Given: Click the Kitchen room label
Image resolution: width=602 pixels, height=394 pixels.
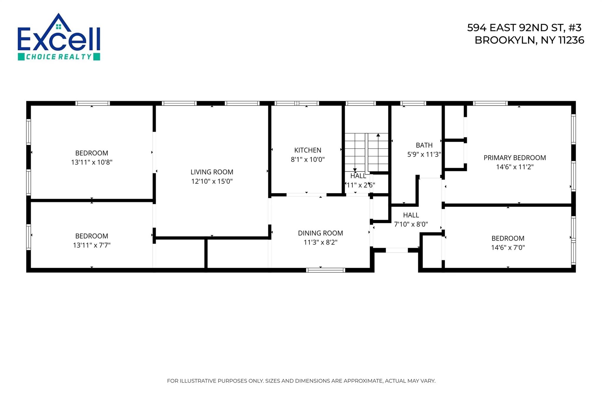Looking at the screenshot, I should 307,150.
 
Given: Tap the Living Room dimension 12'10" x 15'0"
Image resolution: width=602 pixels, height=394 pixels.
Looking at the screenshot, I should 212,181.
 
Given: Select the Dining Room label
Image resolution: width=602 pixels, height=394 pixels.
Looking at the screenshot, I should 320,233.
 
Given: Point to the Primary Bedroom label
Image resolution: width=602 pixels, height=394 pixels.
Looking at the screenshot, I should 515,158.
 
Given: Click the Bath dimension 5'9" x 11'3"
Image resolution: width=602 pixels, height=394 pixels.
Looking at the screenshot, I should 424,154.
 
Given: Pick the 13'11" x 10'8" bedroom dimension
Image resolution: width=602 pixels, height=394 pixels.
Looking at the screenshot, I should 92,162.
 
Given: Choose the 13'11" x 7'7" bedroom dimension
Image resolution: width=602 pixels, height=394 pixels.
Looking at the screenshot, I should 92,245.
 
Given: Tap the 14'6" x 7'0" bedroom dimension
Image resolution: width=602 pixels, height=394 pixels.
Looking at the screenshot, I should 508,247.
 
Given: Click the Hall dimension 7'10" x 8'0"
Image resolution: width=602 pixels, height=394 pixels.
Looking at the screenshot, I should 411,224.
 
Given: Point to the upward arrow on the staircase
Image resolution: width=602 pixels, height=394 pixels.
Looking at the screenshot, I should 378,136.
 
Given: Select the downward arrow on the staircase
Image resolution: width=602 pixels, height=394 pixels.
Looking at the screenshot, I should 355,169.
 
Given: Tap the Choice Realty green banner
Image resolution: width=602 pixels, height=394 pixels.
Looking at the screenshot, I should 59,56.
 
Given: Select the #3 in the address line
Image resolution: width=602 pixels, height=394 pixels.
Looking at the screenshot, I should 574,28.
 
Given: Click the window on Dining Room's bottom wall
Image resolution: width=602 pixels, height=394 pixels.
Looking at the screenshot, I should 325,270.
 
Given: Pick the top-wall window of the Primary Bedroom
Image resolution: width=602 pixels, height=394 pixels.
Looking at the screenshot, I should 490,103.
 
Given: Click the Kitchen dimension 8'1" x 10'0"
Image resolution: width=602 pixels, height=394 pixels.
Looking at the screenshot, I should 307,159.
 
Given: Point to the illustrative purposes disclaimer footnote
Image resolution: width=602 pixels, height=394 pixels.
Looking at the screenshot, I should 301,381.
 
